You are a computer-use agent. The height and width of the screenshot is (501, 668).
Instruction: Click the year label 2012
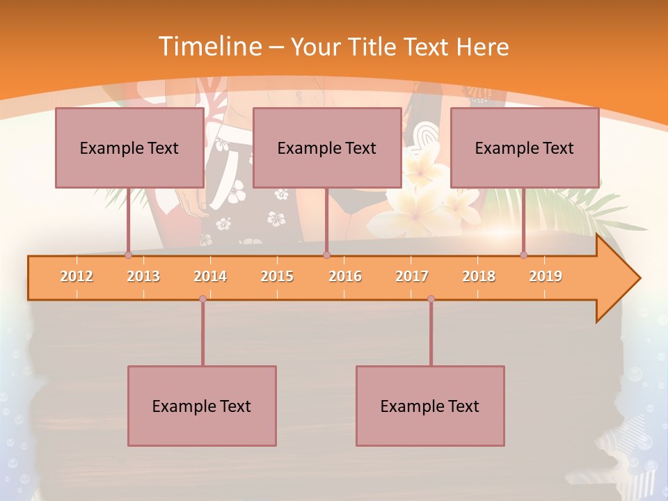coord(77,276)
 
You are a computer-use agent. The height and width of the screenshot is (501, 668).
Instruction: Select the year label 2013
coord(143,276)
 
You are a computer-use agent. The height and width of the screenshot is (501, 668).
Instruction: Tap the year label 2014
coord(210,276)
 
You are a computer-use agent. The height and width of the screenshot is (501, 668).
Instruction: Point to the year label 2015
coord(277,276)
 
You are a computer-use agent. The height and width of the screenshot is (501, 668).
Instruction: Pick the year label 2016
coord(345,276)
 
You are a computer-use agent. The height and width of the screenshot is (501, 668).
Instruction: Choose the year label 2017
coord(412,276)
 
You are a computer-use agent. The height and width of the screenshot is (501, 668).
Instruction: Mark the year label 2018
coord(479,276)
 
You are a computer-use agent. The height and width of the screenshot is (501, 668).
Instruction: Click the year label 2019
coord(546,276)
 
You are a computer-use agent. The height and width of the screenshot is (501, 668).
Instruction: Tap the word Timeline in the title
coord(209,47)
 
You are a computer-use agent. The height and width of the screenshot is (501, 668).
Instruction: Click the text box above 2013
coord(129,148)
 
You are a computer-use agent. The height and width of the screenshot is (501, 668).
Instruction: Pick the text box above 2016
coord(327,148)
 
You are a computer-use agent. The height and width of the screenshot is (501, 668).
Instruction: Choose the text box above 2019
coord(525,148)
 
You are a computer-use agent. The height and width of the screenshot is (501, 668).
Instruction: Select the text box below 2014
coord(202,406)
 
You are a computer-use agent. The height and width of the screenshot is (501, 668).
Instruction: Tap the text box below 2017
coord(430,406)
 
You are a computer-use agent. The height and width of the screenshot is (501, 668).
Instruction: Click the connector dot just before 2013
coord(128,255)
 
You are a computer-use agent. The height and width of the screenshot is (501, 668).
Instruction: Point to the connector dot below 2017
coord(431,299)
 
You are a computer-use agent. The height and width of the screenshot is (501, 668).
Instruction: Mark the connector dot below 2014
coord(202,299)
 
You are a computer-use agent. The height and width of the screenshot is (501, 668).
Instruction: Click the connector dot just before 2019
coord(523,255)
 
